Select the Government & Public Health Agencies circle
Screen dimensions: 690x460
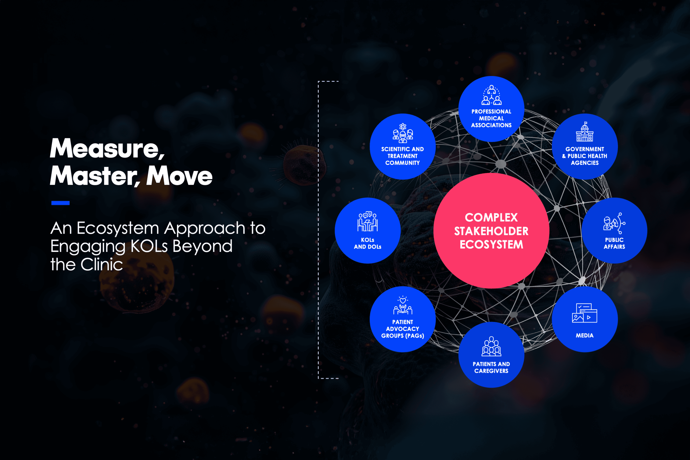click(x=585, y=146)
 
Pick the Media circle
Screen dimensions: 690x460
click(x=585, y=319)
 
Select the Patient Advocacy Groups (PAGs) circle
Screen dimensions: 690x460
click(x=402, y=319)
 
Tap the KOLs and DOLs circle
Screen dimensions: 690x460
click(x=368, y=231)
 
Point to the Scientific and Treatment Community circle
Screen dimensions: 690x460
click(x=402, y=146)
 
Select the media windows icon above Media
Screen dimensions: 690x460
click(x=584, y=313)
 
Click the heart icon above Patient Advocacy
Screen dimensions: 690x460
click(x=403, y=300)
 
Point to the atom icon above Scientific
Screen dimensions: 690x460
click(x=403, y=127)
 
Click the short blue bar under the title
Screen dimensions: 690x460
click(x=60, y=203)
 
